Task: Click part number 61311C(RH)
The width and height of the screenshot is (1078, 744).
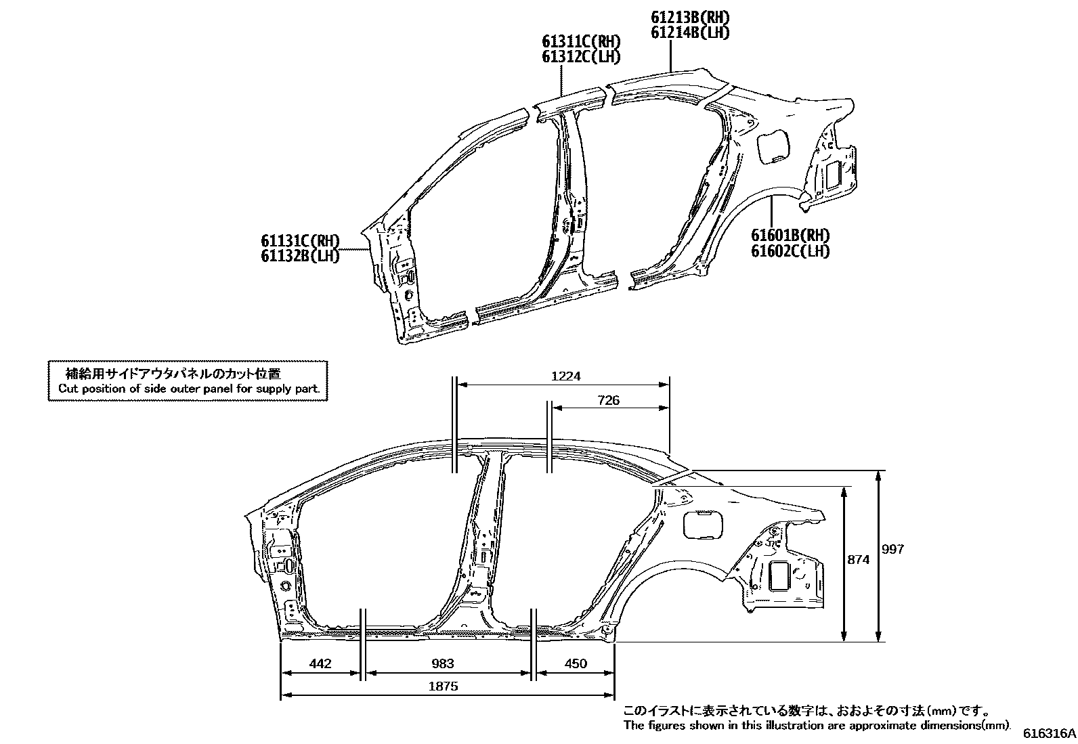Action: (x=580, y=42)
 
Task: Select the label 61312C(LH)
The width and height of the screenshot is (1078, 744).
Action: (x=580, y=57)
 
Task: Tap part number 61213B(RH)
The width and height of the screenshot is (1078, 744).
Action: (x=690, y=18)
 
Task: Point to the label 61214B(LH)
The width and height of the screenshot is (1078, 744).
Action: (x=690, y=32)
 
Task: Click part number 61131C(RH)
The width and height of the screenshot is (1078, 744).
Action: (x=299, y=240)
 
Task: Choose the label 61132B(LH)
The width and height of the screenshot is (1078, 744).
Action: (x=299, y=256)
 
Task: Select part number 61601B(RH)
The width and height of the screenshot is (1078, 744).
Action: (x=790, y=236)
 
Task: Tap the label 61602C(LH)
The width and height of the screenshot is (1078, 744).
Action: (x=790, y=251)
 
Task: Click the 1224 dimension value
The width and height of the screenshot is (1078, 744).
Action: (x=566, y=376)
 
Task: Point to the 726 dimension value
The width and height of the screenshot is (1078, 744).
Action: (x=608, y=400)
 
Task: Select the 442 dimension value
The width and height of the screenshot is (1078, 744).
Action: (x=320, y=663)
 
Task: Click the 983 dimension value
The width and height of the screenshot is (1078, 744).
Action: (x=442, y=663)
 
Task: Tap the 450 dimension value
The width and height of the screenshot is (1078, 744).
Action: (x=575, y=663)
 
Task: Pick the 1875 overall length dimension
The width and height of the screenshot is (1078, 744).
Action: (x=443, y=686)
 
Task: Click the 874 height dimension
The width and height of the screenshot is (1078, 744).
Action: (x=859, y=560)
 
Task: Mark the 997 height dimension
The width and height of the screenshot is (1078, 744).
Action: (x=893, y=549)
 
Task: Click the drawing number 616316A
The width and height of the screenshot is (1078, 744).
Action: (x=1049, y=733)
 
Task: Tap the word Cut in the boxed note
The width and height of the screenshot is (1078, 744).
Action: (x=68, y=389)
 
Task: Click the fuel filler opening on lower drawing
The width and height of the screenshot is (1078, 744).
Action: (x=702, y=525)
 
